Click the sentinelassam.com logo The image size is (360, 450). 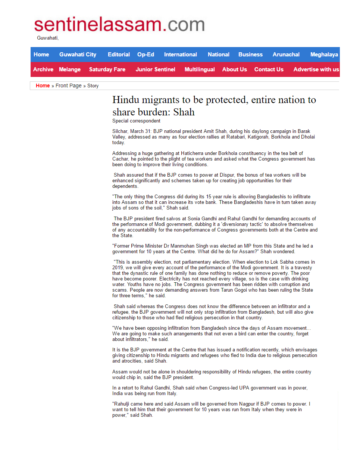[x=119, y=25]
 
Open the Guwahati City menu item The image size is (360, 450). [x=78, y=55]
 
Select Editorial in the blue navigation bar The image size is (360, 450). [x=119, y=55]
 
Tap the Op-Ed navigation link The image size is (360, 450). [x=145, y=55]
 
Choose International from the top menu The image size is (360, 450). [x=181, y=55]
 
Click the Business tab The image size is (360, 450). [x=250, y=55]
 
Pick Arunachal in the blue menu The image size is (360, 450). [x=286, y=55]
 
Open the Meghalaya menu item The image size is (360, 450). [x=324, y=55]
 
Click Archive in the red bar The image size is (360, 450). [x=43, y=69]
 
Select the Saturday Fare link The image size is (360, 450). [x=107, y=69]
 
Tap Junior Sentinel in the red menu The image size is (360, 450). [x=155, y=69]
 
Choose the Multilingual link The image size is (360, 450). [x=200, y=69]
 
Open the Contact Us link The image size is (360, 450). [x=269, y=69]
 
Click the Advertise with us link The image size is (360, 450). [x=316, y=69]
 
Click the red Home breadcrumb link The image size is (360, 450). [x=43, y=86]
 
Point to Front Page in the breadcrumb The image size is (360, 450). [x=69, y=86]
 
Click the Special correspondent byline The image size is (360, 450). [x=136, y=121]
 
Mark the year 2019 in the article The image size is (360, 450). [x=118, y=268]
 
